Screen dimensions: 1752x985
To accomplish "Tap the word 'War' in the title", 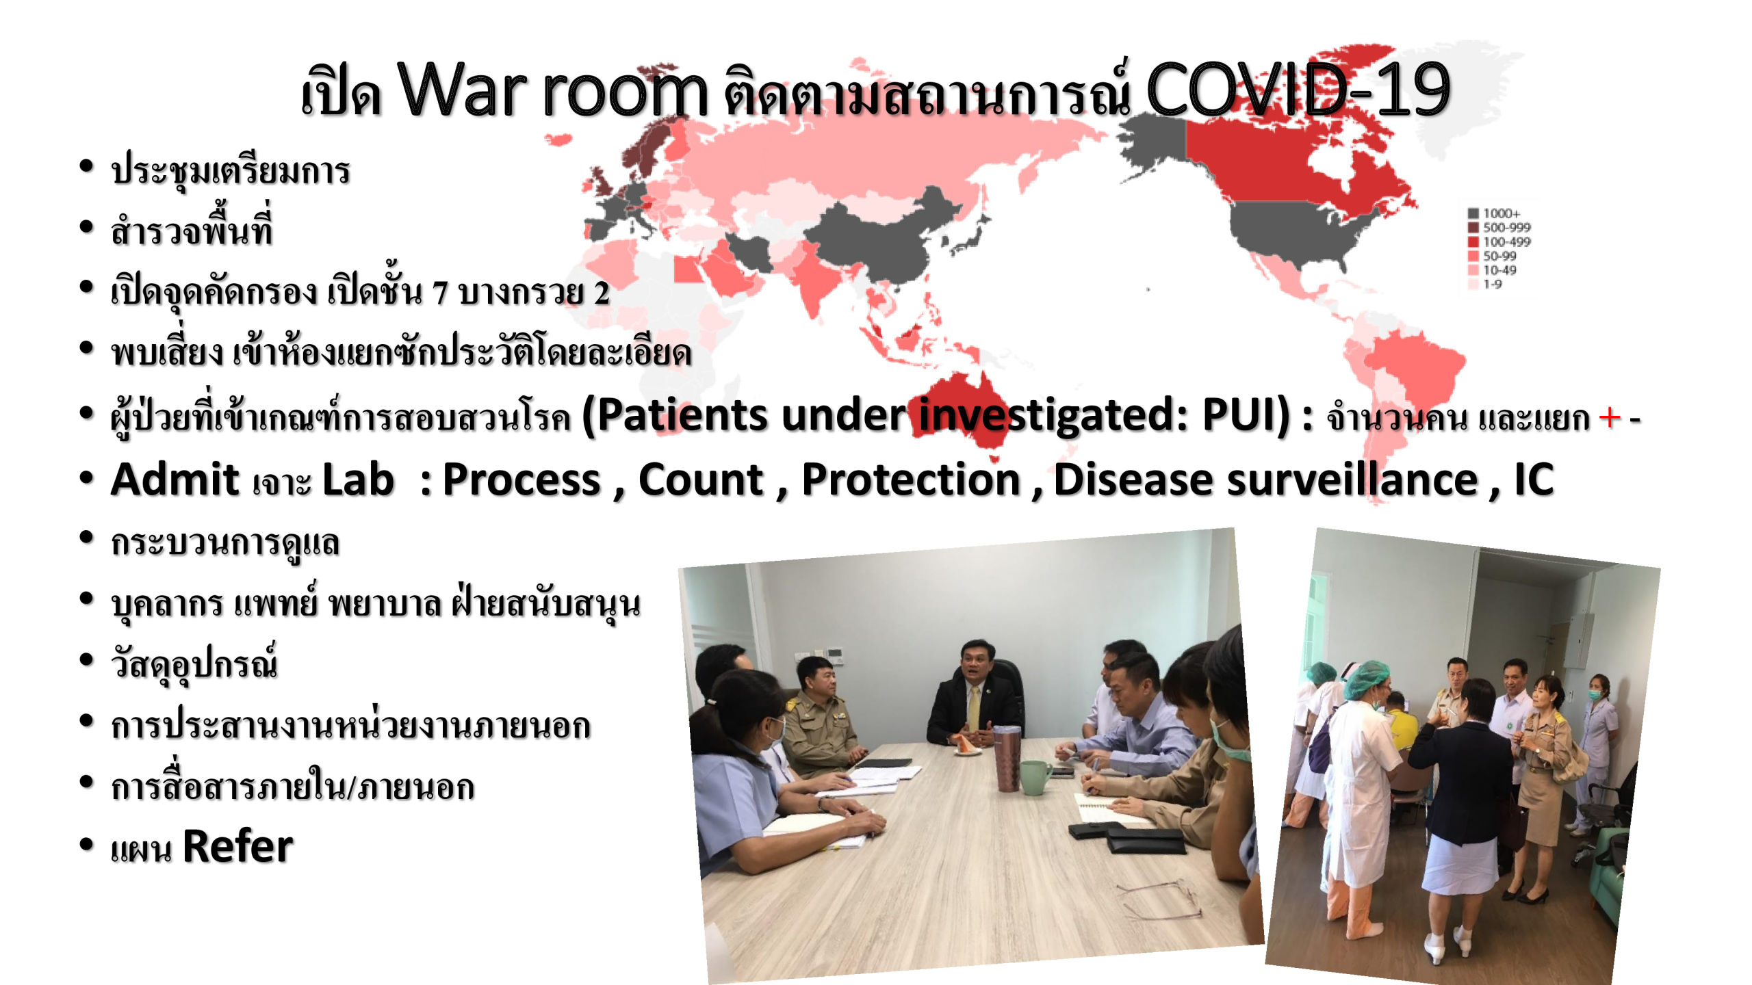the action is click(463, 89).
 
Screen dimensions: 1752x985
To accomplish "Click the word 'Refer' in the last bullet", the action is click(238, 847).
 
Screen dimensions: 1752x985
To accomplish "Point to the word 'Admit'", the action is click(175, 479).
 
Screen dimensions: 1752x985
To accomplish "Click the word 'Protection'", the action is click(911, 479).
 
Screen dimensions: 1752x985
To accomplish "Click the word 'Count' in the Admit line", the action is click(701, 479).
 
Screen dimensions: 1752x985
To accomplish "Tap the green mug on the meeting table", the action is click(1035, 777).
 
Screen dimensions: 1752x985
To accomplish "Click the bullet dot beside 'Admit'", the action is click(86, 477).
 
